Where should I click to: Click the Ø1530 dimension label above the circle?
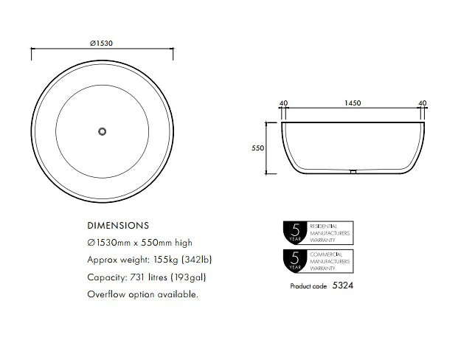[102, 44]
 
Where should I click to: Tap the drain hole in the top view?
[103, 131]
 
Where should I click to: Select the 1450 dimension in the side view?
[353, 103]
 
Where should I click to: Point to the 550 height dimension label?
[258, 148]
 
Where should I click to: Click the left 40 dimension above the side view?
[283, 103]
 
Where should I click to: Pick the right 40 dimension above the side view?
[423, 103]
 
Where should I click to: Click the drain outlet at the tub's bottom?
[353, 172]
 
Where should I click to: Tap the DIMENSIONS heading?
[118, 226]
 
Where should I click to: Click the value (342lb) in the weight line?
[197, 260]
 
